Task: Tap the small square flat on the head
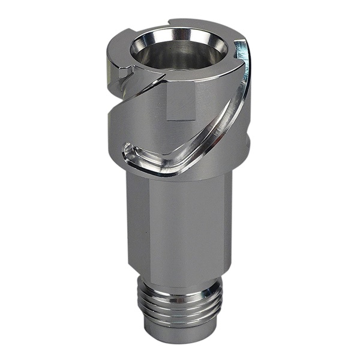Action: [181, 102]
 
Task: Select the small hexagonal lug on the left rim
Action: [125, 73]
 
